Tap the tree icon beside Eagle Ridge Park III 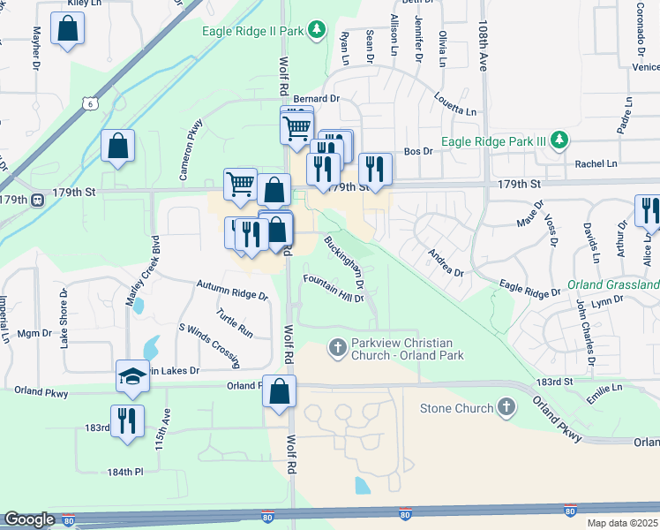[558, 140]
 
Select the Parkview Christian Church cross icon [336, 348]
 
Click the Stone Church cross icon [506, 407]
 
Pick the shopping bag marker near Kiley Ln [67, 30]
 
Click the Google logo [29, 519]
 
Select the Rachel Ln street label [596, 163]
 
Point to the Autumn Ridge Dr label [232, 291]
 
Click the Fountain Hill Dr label [334, 288]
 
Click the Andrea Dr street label [445, 262]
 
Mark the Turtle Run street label [235, 323]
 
